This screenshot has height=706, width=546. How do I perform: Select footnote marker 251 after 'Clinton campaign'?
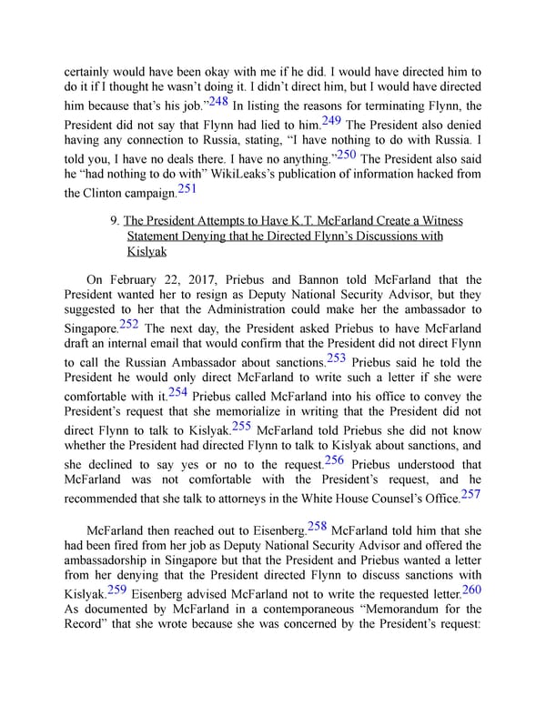pos(186,188)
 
